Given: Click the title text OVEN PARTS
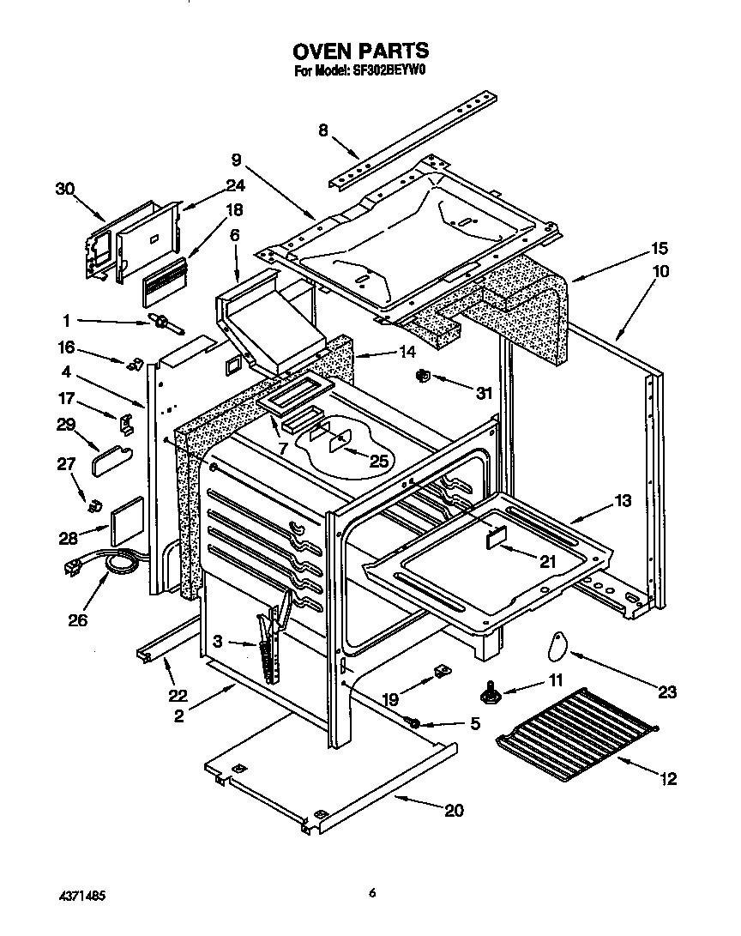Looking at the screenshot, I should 362,51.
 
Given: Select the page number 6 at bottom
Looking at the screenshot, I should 372,893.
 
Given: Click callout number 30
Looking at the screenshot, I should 65,190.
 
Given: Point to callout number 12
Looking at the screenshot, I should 669,779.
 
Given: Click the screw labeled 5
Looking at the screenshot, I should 413,725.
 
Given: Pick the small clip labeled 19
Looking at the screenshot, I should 442,669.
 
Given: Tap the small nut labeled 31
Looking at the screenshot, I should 422,376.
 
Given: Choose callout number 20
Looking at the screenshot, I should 454,811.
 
